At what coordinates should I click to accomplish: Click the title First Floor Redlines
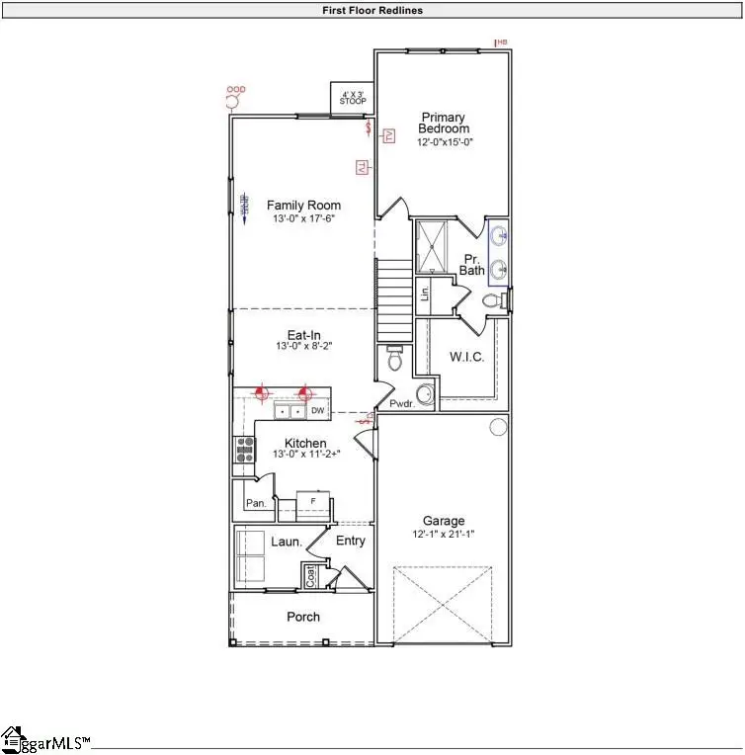click(372, 10)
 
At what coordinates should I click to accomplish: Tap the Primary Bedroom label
click(444, 123)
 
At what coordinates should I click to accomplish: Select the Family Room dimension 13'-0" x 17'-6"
click(304, 219)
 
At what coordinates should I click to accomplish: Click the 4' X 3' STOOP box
click(352, 98)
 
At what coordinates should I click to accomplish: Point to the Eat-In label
click(304, 335)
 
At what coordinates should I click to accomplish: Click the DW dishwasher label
click(318, 410)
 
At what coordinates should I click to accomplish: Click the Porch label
click(303, 617)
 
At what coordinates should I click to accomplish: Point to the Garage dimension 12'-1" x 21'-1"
click(444, 535)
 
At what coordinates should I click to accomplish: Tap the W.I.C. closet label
click(466, 356)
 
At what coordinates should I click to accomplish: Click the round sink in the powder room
click(424, 395)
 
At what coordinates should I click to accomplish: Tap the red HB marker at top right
click(500, 42)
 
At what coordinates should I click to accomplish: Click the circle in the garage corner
click(499, 427)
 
